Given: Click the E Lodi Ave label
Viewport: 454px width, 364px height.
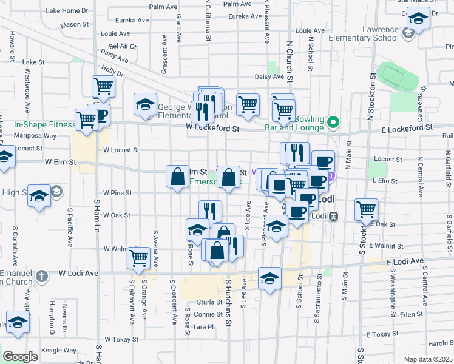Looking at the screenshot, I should coord(405,261).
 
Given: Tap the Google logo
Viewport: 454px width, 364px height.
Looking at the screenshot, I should coord(21,356).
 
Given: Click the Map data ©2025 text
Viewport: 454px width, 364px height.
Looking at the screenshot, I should coord(427,359).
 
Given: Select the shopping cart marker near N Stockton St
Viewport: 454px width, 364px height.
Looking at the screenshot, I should coord(367,210).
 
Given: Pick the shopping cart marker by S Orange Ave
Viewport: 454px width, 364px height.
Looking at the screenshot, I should coord(139,258).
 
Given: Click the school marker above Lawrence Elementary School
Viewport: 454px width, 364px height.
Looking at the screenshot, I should coord(418,19).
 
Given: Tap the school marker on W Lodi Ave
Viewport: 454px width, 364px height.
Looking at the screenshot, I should coord(269,278).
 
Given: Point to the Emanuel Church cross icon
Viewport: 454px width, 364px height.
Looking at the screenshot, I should coord(41,277).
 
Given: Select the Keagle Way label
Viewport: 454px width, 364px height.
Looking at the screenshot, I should coord(61,351).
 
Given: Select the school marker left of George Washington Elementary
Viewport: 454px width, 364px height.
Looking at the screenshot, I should coord(145,104).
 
